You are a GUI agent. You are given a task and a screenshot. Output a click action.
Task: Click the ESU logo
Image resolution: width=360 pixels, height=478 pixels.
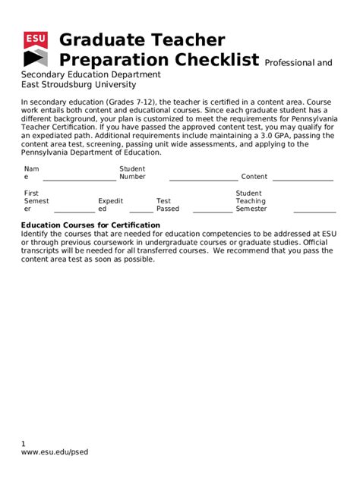35,49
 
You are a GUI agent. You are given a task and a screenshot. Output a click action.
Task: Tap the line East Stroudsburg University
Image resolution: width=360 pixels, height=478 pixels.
78,85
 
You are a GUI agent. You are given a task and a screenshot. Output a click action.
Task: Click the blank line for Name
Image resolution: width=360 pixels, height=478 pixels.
79,179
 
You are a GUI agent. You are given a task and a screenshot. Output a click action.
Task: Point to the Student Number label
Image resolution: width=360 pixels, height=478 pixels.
132,173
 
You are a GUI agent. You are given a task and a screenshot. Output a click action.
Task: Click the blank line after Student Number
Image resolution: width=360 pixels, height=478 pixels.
203,179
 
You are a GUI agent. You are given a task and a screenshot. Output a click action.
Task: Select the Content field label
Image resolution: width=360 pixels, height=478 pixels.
254,177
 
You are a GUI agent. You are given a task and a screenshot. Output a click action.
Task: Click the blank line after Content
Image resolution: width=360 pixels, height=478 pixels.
302,179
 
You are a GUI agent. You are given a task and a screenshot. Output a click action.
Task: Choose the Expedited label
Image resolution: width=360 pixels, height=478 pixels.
110,205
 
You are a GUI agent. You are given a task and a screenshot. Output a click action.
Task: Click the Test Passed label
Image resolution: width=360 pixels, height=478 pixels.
168,205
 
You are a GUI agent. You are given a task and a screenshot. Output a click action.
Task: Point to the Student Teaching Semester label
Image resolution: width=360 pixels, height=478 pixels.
251,201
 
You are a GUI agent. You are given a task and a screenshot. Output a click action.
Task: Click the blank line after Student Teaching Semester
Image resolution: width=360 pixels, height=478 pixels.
319,212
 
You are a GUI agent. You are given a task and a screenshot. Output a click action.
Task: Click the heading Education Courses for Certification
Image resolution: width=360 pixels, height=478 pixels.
90,225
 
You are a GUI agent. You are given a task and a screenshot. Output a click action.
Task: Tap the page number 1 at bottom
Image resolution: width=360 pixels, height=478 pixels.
24,444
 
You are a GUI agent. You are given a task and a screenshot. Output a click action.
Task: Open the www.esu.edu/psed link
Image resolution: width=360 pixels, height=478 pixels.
55,453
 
